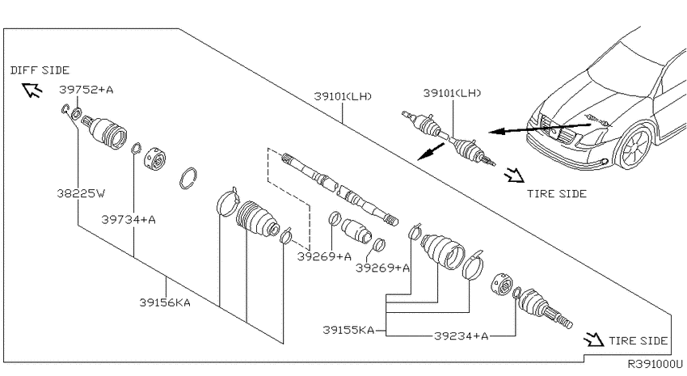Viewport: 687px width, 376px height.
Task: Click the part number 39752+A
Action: (86, 90)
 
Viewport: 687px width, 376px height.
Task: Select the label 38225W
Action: (81, 193)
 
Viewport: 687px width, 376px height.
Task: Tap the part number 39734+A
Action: (129, 219)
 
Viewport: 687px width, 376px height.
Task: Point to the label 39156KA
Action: (165, 302)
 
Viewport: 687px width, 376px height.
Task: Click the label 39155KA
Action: (348, 330)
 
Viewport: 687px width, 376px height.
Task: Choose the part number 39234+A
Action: (461, 336)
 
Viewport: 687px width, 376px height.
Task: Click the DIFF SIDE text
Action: (40, 70)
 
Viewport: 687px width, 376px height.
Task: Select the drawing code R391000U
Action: (655, 364)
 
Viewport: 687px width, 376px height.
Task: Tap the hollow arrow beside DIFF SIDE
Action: (32, 90)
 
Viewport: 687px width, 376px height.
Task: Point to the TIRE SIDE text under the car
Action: (556, 194)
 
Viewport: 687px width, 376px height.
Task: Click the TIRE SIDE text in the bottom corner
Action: (638, 341)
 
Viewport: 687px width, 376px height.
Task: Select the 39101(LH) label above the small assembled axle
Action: (452, 93)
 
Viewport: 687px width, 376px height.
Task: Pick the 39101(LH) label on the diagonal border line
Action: (343, 96)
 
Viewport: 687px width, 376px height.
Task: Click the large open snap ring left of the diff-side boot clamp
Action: (188, 179)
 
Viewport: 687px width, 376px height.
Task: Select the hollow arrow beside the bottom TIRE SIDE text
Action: (594, 339)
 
